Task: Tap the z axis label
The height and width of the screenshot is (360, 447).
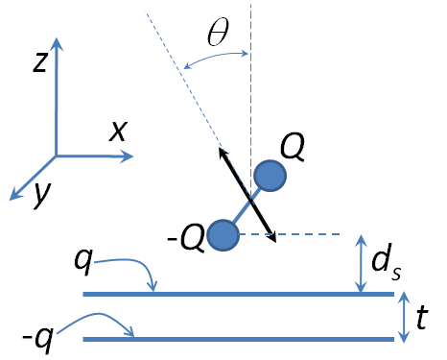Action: click(39, 62)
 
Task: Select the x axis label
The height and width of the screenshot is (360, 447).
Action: click(118, 131)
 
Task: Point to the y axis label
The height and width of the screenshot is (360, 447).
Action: click(41, 194)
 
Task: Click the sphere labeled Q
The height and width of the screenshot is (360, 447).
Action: click(271, 176)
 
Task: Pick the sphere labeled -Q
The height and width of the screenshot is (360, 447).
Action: click(223, 234)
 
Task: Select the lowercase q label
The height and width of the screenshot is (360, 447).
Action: click(82, 260)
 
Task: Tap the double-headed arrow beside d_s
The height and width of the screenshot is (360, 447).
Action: click(360, 264)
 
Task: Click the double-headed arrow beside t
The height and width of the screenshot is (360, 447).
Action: click(402, 316)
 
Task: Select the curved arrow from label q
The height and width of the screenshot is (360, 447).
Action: click(129, 269)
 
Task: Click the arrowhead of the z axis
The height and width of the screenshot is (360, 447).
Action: click(58, 44)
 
